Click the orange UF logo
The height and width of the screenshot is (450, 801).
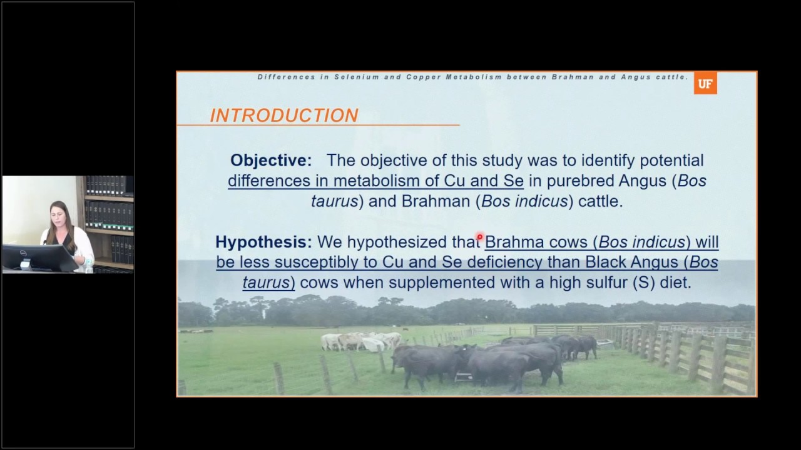pyautogui.click(x=705, y=84)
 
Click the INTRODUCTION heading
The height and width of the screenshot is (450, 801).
pyautogui.click(x=284, y=116)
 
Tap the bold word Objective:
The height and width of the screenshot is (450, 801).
pyautogui.click(x=271, y=160)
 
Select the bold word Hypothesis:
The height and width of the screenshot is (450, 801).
pyautogui.click(x=263, y=242)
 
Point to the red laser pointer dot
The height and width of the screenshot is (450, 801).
pyautogui.click(x=479, y=236)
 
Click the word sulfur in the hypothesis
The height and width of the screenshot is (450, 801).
pyautogui.click(x=607, y=282)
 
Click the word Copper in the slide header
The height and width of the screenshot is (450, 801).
pyautogui.click(x=424, y=77)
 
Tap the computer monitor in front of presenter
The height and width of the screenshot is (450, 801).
pyautogui.click(x=39, y=258)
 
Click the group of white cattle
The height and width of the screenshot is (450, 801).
pyautogui.click(x=361, y=341)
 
